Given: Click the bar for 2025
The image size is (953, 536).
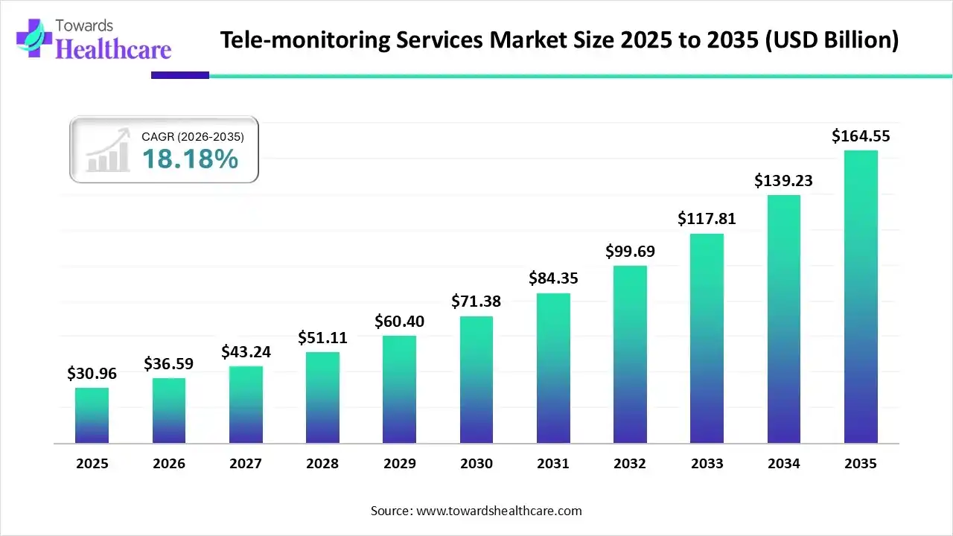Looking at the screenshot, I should click(x=92, y=415).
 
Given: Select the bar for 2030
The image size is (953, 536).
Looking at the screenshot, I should click(x=476, y=380).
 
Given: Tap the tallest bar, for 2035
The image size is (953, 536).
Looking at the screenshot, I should click(x=861, y=298).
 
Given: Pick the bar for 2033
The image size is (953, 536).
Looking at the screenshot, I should click(x=707, y=339).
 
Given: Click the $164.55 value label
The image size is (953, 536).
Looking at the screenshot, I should click(x=861, y=136).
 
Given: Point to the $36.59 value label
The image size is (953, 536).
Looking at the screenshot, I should click(x=169, y=365).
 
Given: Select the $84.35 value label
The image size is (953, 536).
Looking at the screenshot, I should click(x=553, y=278).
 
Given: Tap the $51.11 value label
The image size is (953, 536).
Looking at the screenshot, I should click(x=322, y=337).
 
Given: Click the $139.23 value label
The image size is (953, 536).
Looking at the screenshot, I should click(x=783, y=181).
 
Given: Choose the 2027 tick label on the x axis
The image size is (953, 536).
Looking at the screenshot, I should click(x=246, y=464).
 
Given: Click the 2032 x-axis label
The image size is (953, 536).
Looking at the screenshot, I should click(x=630, y=464).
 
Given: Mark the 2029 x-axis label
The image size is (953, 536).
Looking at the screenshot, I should click(x=400, y=464).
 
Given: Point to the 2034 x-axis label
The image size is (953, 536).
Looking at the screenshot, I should click(x=784, y=464).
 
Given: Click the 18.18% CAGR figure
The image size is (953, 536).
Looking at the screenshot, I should click(x=190, y=159).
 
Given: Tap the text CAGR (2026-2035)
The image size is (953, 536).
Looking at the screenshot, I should click(x=192, y=136).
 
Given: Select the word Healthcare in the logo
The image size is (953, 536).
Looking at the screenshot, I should click(x=114, y=49).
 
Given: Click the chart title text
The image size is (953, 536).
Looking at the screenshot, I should click(x=559, y=40).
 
